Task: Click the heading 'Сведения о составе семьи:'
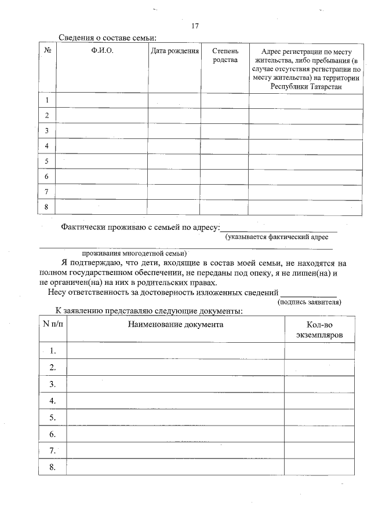[108, 38]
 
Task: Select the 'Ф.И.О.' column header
[102, 51]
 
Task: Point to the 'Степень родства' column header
[225, 56]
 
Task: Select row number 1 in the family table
[46, 100]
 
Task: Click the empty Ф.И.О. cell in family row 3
[102, 131]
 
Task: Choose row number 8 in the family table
[46, 207]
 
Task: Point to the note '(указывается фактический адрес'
[277, 236]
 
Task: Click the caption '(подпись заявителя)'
[309, 302]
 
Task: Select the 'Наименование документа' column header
[176, 325]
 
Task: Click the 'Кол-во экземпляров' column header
[319, 330]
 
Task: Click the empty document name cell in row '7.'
[176, 450]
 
